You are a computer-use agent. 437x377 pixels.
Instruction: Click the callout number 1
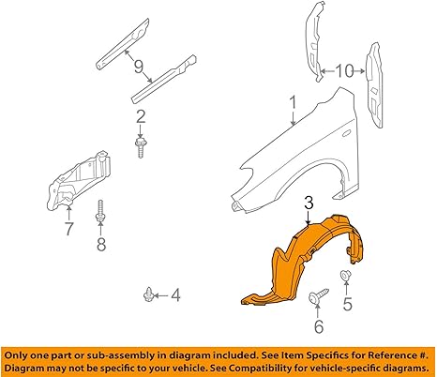[x=293, y=104]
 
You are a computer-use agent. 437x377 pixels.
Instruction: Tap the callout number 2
[x=141, y=117]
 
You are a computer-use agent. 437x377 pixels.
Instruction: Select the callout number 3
[x=309, y=204]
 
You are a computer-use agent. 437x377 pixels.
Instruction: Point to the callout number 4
[x=175, y=294]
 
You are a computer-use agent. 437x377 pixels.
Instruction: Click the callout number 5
[x=348, y=303]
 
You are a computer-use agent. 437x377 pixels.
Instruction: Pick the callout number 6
[x=318, y=326]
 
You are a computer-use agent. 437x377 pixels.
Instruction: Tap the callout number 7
[x=68, y=229]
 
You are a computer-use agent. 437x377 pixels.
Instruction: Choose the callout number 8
[x=101, y=244]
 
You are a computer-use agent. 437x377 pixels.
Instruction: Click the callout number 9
[x=139, y=67]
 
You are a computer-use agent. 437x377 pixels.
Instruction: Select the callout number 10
[x=344, y=71]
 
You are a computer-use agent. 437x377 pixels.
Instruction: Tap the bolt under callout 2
[x=141, y=147]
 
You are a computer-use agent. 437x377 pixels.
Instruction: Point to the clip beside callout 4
[x=147, y=294]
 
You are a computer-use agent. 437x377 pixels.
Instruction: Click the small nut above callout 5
[x=345, y=275]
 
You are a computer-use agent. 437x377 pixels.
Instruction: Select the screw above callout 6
[x=318, y=295]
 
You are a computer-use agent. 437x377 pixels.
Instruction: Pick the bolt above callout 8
[x=100, y=211]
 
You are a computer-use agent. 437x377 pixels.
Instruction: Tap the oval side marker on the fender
[x=347, y=133]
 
